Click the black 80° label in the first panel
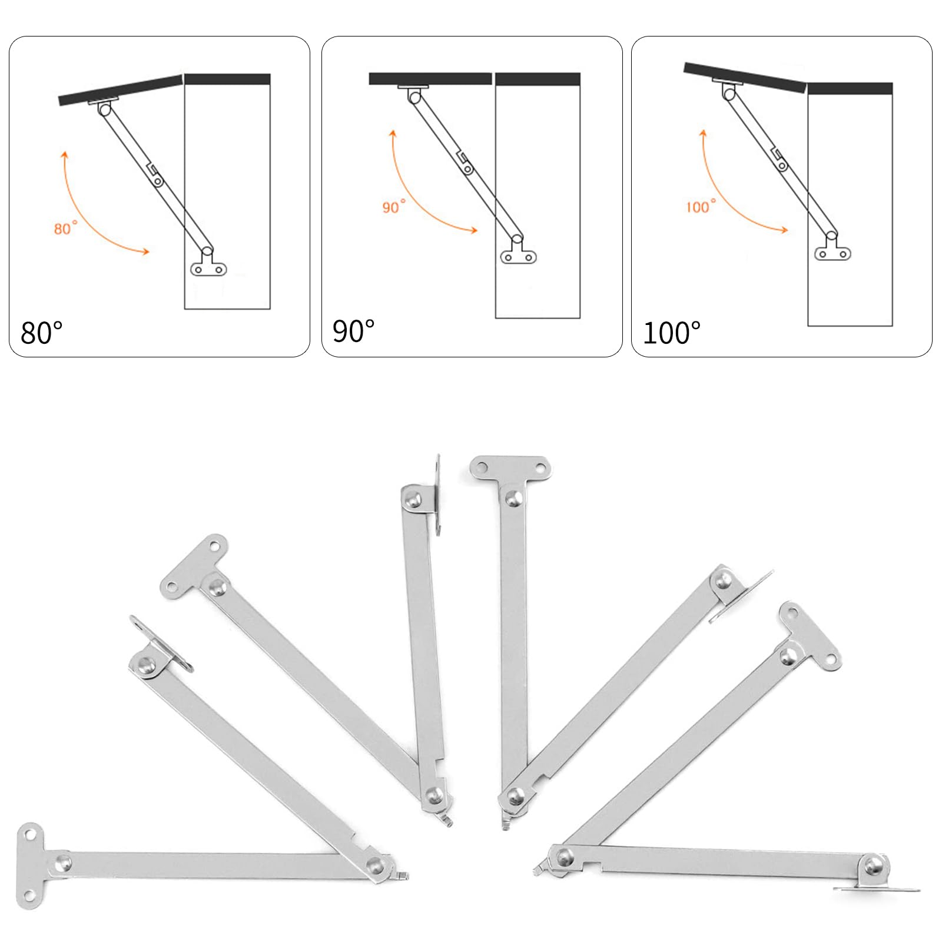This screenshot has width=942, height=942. coord(41,333)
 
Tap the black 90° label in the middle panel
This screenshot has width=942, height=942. coord(353,331)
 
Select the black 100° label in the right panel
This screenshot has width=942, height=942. coord(672,333)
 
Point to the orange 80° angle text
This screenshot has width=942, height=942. coord(65,228)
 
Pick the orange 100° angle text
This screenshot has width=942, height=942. coord(701,206)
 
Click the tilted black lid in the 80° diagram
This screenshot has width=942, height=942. coord(121,90)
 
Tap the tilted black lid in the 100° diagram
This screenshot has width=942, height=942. coord(745,77)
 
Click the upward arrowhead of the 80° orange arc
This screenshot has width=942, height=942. coord(65,155)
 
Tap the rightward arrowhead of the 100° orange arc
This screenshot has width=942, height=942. coord(783,230)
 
